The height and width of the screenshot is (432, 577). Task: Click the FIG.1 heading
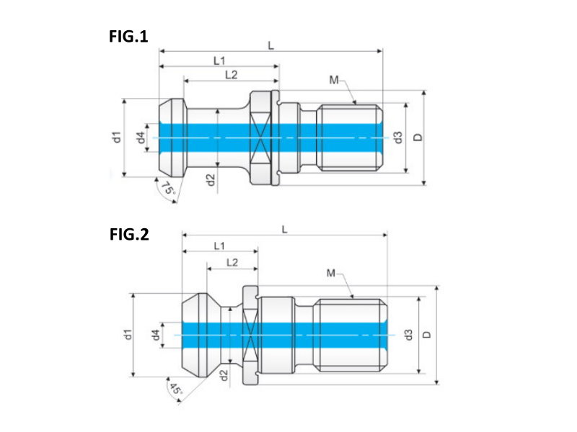click(128, 37)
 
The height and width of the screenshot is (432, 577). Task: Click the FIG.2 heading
click(129, 235)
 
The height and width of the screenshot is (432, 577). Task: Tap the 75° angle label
click(168, 189)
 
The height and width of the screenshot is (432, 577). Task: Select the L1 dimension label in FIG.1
click(219, 60)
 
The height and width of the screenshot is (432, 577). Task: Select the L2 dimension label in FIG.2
click(232, 262)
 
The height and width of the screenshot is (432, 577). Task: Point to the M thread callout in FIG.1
click(334, 80)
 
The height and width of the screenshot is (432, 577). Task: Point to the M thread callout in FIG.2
click(331, 273)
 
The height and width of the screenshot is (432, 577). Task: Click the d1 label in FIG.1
click(116, 137)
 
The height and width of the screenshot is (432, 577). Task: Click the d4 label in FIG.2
click(155, 335)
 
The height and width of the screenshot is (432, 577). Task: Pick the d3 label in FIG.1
click(398, 138)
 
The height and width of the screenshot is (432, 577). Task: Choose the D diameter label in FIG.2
click(426, 335)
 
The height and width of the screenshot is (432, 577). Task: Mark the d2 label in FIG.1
click(210, 179)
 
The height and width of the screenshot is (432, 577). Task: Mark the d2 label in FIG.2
click(224, 375)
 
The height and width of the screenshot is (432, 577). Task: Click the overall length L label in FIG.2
click(284, 230)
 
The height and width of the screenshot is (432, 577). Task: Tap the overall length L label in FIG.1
click(271, 46)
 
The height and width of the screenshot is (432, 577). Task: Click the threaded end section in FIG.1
click(350, 138)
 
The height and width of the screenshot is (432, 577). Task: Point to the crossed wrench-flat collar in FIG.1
click(260, 138)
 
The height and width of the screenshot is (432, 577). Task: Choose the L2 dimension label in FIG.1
click(231, 75)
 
